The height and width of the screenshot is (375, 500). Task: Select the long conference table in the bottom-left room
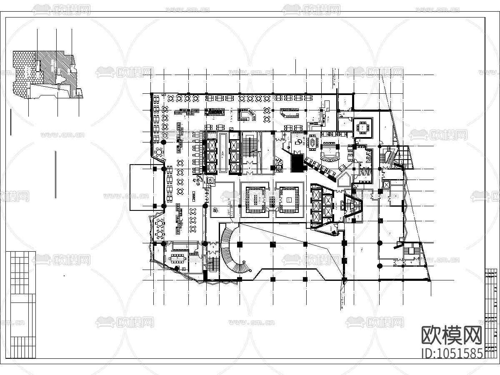[178, 258]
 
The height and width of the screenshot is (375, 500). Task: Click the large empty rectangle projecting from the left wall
[142, 187]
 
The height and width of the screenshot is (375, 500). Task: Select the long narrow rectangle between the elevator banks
[222, 153]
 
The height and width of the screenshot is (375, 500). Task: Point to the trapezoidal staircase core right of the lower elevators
[353, 206]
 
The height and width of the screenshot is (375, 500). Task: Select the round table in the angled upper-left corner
[159, 151]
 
